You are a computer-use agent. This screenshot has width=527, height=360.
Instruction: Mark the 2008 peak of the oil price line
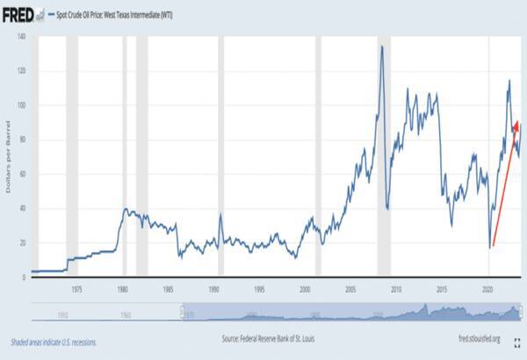click(382, 47)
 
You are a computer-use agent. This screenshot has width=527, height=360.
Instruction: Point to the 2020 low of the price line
click(490, 248)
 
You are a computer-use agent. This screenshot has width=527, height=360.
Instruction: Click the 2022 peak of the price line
click(509, 81)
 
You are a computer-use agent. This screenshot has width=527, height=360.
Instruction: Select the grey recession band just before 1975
click(72, 158)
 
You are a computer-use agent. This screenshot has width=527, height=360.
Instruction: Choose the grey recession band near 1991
click(221, 158)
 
